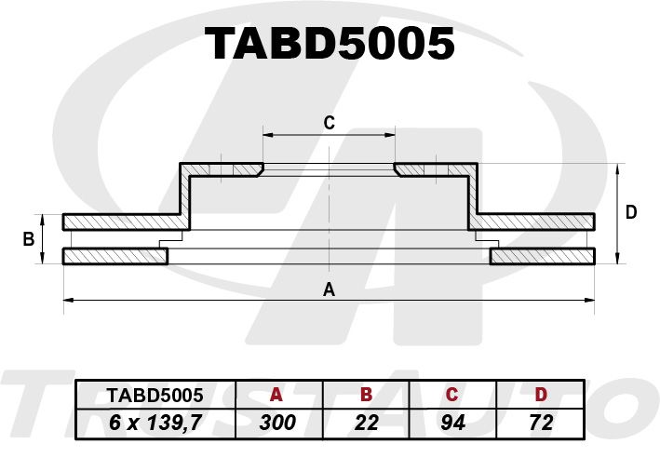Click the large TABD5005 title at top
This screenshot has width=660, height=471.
tap(330, 44)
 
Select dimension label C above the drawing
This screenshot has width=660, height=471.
tap(330, 123)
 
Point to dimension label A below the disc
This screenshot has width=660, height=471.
tap(329, 289)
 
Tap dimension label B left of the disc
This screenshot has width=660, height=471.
tap(29, 239)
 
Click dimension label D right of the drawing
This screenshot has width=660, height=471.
tap(631, 212)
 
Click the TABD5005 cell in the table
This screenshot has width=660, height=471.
tap(155, 395)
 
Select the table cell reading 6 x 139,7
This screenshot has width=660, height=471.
tap(155, 423)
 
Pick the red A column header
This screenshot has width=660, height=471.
tap(276, 395)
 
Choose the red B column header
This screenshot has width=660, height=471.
tap(366, 395)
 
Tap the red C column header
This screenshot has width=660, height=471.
tap(451, 395)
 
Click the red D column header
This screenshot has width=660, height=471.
tap(541, 395)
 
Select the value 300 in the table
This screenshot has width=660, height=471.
tap(277, 423)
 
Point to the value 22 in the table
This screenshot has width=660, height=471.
tap(366, 423)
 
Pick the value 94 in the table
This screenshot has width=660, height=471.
tap(453, 423)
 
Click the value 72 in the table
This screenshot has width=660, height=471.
tap(541, 423)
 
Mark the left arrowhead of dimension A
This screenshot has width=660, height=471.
tap(68, 300)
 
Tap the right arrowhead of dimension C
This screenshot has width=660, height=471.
tap(390, 135)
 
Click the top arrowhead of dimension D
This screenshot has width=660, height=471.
tap(617, 168)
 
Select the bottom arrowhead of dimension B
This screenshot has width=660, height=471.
tap(43, 259)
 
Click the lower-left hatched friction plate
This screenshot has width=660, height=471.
tap(115, 256)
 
